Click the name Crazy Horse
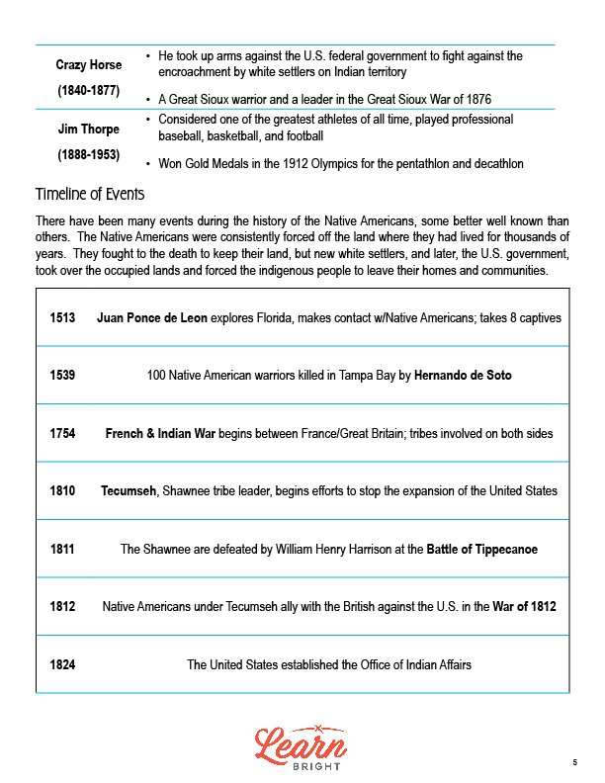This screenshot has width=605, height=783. [89, 65]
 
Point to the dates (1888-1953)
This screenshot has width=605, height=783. [89, 155]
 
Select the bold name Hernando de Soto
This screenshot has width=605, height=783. [463, 376]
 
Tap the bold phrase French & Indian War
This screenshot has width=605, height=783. [160, 433]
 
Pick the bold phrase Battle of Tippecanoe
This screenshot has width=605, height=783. [482, 549]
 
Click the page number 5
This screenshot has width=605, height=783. [574, 761]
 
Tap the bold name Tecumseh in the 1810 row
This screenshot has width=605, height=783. [129, 490]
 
